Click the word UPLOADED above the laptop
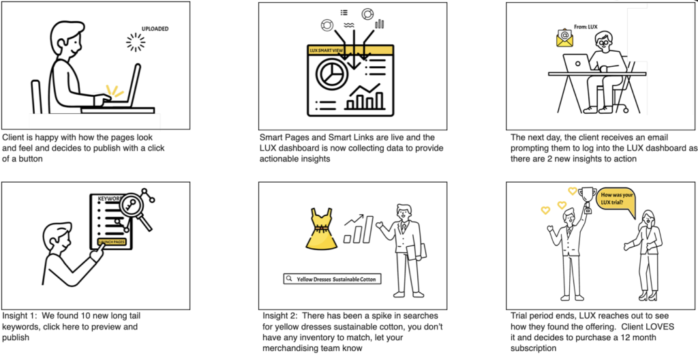155,29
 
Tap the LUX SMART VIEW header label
327,50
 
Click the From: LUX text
586,27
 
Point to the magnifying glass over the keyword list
136,209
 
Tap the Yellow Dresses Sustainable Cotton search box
333,280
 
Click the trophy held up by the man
586,199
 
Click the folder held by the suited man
418,252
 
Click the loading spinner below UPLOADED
136,42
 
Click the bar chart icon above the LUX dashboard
379,24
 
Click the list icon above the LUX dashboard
344,12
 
